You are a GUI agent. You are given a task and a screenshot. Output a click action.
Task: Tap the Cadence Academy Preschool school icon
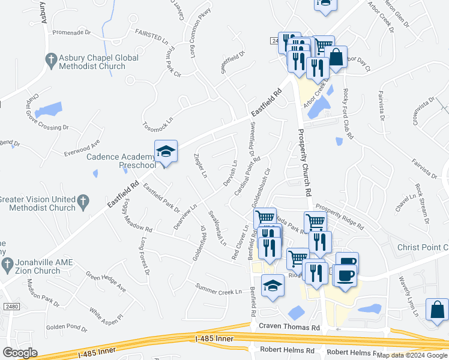[166, 151]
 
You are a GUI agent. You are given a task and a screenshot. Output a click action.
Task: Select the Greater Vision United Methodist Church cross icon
[83, 200]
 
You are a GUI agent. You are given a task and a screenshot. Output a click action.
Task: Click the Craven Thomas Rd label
[289, 327]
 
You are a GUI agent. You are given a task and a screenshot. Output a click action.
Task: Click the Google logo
[20, 353]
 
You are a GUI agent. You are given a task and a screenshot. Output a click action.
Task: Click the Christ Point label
[423, 247]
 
